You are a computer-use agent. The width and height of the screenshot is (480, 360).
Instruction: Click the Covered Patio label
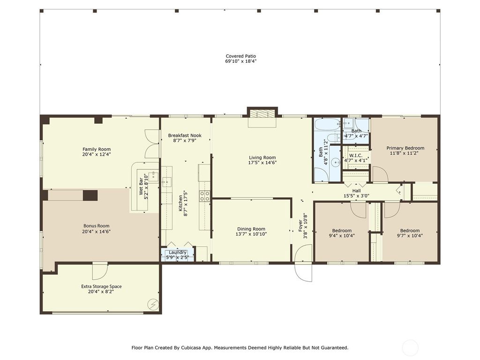[240, 56]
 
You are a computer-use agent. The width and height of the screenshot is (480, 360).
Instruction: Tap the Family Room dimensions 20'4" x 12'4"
[97, 155]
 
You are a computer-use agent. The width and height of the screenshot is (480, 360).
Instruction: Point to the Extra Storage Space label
[101, 286]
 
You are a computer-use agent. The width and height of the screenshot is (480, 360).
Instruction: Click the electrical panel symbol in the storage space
[153, 304]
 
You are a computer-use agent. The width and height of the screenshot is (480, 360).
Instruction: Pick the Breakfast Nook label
[185, 135]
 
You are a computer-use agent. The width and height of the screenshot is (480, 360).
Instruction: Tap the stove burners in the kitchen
[205, 196]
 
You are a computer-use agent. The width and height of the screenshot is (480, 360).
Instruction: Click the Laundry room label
[178, 252]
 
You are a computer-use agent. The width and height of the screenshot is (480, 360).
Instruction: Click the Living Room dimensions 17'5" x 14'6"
[262, 163]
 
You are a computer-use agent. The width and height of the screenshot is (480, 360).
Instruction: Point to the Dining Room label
[251, 229]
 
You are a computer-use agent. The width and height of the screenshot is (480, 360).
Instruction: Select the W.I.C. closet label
[356, 156]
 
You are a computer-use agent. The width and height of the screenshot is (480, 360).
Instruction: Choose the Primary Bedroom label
[405, 148]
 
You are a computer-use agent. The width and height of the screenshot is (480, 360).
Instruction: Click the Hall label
[356, 191]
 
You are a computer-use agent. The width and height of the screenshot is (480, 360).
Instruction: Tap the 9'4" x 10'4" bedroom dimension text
[342, 236]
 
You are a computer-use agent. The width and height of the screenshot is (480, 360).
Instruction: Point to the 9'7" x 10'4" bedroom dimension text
[410, 236]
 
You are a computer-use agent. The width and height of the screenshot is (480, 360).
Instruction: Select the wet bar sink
[153, 177]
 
